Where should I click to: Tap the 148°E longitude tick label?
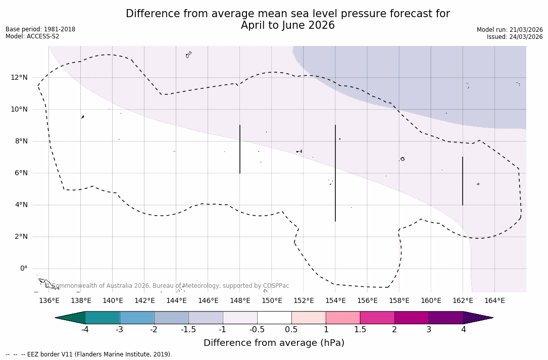point(240,301)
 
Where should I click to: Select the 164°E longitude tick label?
point(494,301)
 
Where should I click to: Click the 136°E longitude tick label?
point(49,301)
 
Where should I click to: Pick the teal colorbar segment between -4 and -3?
point(103,318)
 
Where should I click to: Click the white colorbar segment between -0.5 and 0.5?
point(274,318)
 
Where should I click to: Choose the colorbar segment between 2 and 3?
point(412,318)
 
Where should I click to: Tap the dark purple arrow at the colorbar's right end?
point(477,318)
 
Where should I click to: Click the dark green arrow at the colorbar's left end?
point(71,318)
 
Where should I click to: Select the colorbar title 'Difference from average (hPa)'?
point(274,343)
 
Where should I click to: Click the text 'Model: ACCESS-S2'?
point(32,36)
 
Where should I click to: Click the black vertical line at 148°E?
point(240,149)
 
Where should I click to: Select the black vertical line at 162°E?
point(463,181)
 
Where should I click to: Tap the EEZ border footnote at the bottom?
point(89,354)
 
